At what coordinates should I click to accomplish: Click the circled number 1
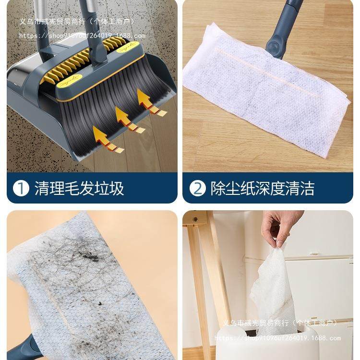coord(21,188)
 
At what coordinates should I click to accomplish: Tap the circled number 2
coord(197,188)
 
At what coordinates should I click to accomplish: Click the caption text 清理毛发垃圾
coord(79,188)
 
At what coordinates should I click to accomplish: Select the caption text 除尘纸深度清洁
coord(263,188)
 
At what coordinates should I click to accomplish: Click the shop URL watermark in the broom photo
coord(82,36)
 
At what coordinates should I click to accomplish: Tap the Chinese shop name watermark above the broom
coord(77,22)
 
